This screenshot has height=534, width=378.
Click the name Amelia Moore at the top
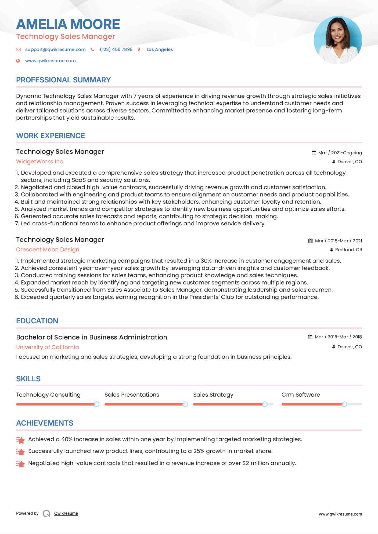(68, 24)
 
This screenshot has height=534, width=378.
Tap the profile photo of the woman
(338, 40)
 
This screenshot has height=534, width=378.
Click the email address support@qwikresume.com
(55, 49)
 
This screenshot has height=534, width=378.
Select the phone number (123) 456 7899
(116, 49)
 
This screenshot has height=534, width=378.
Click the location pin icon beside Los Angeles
(139, 49)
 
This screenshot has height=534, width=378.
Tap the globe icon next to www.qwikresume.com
(18, 61)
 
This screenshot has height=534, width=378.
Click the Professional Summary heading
(63, 80)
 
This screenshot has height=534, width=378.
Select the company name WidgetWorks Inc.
(40, 162)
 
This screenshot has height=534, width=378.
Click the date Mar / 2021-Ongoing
(340, 153)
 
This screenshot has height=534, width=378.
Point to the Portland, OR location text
(348, 250)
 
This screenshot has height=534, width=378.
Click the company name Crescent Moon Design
(48, 250)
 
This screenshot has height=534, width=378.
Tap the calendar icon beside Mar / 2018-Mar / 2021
(310, 241)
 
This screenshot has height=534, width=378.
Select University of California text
(48, 347)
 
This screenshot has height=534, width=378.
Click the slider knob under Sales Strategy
(265, 404)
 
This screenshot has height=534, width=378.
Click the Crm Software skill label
(301, 395)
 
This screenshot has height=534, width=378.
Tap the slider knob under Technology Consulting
(96, 404)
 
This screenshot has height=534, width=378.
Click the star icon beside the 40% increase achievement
(20, 440)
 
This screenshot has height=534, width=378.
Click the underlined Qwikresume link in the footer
(66, 513)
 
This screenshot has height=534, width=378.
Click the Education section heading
(37, 321)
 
